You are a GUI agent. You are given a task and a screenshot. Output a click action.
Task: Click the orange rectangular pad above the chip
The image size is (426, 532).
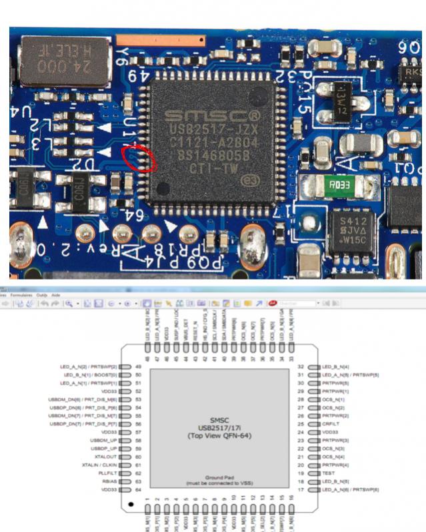(x=161, y=41)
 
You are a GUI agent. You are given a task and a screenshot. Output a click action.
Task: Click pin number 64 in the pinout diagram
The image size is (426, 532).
(x=139, y=489)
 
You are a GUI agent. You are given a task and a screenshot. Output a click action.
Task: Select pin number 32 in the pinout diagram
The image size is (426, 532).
(x=301, y=367)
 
